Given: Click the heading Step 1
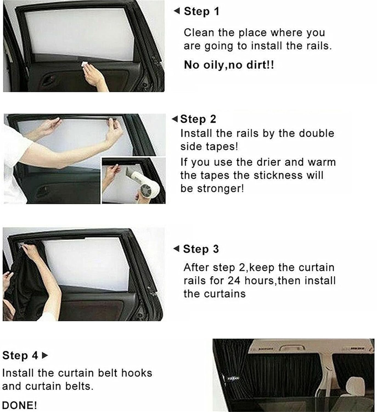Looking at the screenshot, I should (x=201, y=12).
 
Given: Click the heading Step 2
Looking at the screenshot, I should (x=198, y=119).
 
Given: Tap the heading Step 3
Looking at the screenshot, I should (x=201, y=249).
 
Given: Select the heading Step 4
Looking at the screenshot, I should (x=20, y=355).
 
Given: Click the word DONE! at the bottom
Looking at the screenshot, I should (x=19, y=405).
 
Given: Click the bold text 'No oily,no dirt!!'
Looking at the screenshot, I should (x=229, y=65).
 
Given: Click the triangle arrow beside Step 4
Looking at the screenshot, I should (x=45, y=355).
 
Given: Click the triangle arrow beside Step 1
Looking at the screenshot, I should (x=177, y=11).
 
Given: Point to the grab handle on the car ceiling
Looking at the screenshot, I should (x=292, y=348).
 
